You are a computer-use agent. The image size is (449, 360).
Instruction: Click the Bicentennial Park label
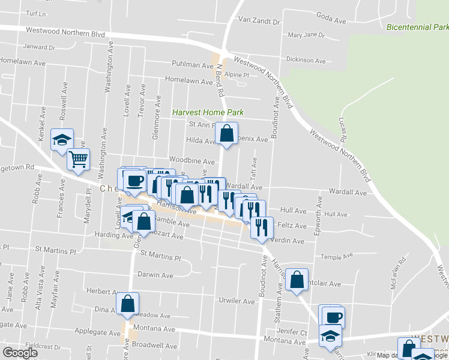coord(418,28)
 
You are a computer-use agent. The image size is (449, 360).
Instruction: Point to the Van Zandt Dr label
coord(259,21)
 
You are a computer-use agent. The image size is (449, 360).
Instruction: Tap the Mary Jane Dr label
coord(306,35)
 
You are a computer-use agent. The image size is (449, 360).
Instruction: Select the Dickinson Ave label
coord(306,61)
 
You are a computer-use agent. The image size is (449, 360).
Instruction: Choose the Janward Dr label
coord(39,47)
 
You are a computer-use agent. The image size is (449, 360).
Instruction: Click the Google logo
coord(20,353)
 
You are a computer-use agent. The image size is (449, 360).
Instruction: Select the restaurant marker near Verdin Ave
coord(262,228)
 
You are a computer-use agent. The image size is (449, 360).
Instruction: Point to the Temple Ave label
coord(336,256)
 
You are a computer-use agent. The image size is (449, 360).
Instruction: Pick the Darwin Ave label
coord(155,275)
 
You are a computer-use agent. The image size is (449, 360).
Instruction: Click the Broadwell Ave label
coord(155,346)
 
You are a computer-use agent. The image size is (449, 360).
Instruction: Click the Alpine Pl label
coord(237,74)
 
